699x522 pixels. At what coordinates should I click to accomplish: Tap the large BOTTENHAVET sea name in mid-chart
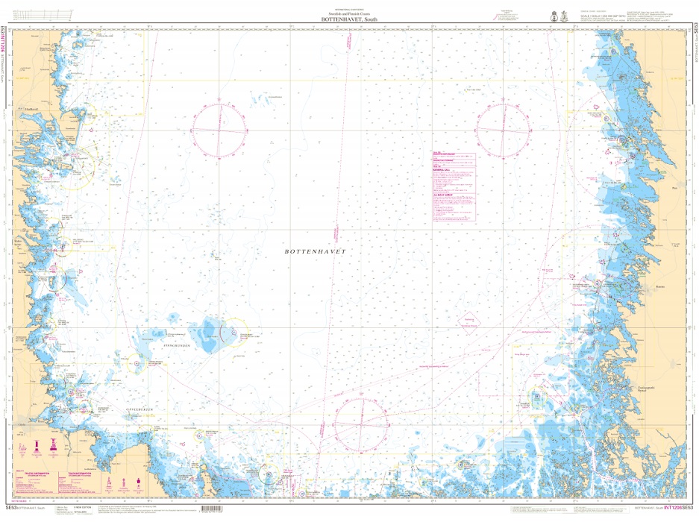point(316,253)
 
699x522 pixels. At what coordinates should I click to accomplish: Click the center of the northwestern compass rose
point(218,131)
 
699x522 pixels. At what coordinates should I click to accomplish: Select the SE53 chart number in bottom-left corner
point(10,509)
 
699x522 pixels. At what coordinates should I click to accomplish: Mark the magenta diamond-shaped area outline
point(469,321)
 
